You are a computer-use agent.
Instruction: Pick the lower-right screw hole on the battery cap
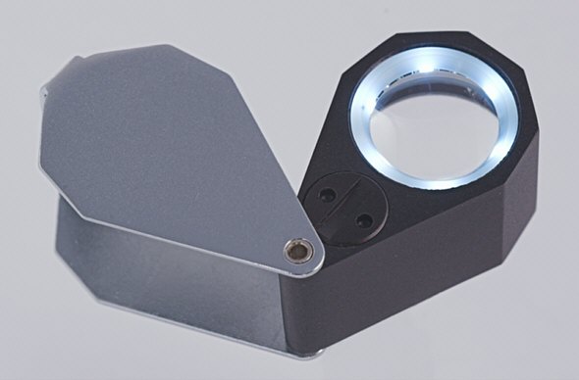[x=364, y=222]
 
